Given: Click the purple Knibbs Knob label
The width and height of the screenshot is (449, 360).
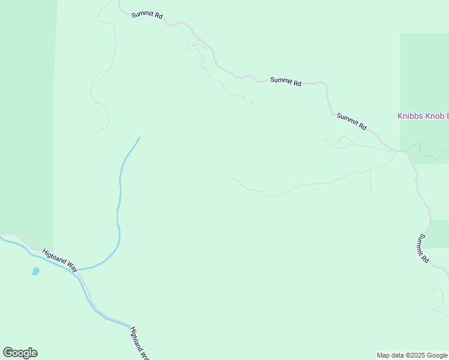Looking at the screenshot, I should (423, 116).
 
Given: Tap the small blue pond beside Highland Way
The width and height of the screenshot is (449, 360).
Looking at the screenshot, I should (35, 271).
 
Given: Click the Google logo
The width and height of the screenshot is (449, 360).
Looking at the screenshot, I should (20, 353).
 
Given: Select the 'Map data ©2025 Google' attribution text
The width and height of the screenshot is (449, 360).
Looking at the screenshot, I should (412, 355).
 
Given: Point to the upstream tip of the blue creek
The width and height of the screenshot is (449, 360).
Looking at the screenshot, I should (139, 137).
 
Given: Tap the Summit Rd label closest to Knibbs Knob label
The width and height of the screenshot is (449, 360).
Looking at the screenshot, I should (352, 122).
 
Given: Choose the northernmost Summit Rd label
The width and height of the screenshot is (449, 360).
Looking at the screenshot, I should (148, 14).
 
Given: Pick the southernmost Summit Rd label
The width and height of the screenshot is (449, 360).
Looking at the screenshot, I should (424, 248).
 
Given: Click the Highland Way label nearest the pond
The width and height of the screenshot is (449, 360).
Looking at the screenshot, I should (60, 261).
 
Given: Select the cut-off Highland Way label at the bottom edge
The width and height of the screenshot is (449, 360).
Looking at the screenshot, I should (139, 343).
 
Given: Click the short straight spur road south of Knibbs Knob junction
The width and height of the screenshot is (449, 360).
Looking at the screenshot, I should (371, 182).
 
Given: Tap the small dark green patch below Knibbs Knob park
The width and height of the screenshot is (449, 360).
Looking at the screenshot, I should (438, 233).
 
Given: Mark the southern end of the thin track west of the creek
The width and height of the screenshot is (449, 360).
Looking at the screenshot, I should (92, 137).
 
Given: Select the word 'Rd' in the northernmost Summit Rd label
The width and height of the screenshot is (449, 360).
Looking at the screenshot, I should (158, 17).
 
